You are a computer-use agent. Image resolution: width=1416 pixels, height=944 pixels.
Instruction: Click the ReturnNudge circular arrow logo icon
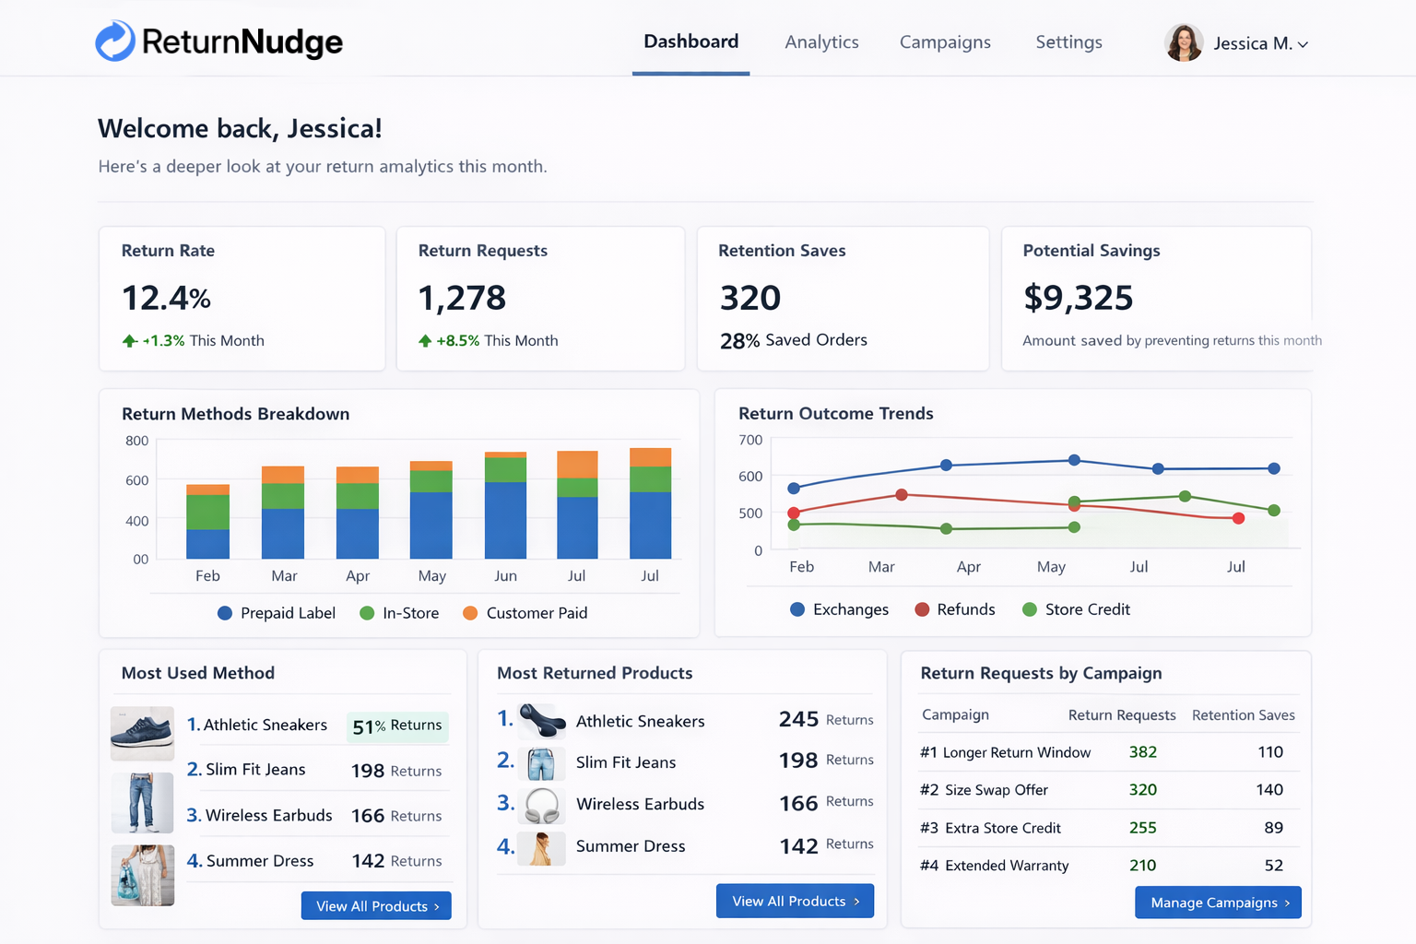[115, 41]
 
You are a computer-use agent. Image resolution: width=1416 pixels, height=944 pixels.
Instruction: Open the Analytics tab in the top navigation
[821, 42]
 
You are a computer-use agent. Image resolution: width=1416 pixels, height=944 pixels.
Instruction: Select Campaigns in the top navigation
[945, 42]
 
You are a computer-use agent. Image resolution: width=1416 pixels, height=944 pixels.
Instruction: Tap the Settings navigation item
[1068, 42]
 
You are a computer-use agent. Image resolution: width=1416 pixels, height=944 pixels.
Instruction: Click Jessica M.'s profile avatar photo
[1184, 43]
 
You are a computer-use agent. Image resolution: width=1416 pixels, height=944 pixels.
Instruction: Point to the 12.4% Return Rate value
[167, 298]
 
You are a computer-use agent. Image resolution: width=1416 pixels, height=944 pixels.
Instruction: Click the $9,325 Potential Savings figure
[1078, 298]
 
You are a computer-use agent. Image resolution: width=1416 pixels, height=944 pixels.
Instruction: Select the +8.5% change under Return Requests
[457, 340]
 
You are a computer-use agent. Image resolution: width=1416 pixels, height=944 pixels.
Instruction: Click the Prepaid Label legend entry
[277, 613]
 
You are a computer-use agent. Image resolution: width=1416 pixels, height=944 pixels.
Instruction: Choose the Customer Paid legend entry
[525, 613]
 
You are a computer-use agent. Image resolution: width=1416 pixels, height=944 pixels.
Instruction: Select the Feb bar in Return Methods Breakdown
[207, 522]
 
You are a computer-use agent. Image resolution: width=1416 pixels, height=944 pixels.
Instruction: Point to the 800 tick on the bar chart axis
[137, 441]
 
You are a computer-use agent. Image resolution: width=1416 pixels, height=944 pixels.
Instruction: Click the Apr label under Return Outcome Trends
[968, 567]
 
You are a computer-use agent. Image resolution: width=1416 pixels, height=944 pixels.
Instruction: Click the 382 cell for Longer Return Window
[1142, 752]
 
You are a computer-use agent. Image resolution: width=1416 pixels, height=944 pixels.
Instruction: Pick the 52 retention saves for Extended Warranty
[1273, 866]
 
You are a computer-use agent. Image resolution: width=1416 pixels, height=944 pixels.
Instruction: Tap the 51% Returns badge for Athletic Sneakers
[397, 726]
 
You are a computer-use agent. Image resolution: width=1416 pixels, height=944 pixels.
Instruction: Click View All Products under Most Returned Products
[795, 901]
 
